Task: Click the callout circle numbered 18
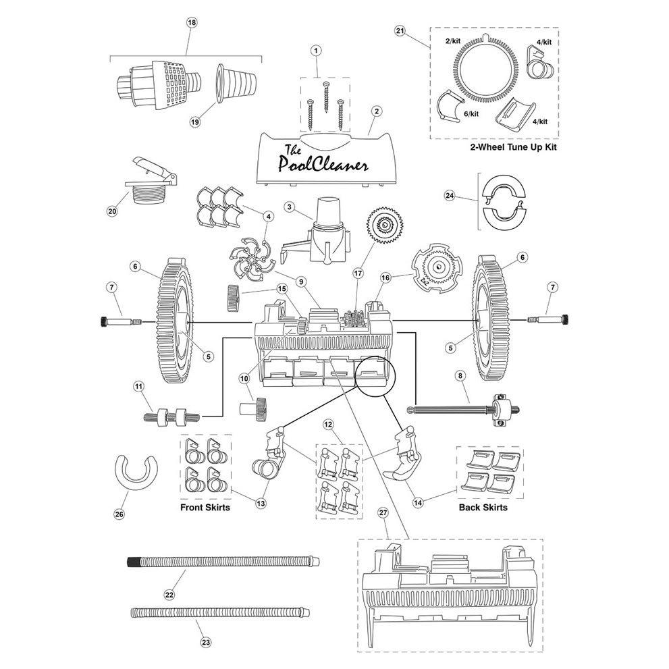click(x=192, y=22)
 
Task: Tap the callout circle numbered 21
click(x=400, y=31)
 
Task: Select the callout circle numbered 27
click(x=383, y=512)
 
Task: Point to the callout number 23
click(x=206, y=642)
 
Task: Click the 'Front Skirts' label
click(x=205, y=507)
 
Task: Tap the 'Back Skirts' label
click(x=483, y=507)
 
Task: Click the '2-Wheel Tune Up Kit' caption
click(x=513, y=147)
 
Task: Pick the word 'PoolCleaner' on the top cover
click(x=323, y=163)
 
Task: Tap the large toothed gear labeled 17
click(x=384, y=225)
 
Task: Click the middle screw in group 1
click(x=326, y=97)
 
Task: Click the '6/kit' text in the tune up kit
click(x=471, y=114)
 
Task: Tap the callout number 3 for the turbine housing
click(x=290, y=207)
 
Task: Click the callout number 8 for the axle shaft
click(x=460, y=375)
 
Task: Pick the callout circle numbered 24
click(x=450, y=196)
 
